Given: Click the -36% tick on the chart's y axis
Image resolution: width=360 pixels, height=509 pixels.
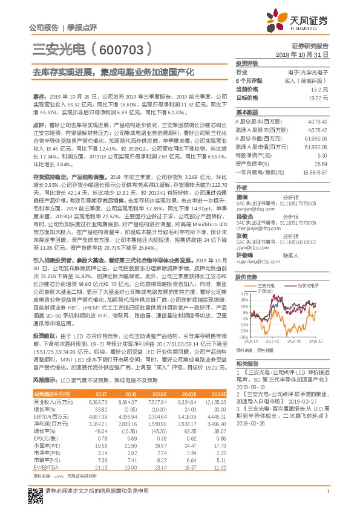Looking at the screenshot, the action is click(243, 337).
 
